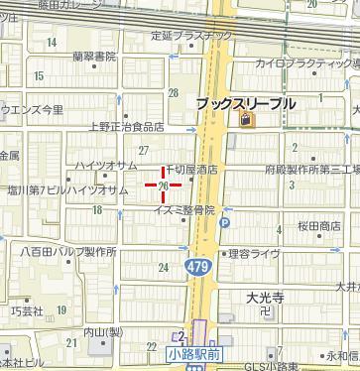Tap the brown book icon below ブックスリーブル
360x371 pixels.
click(245, 121)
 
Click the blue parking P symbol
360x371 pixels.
click(224, 223)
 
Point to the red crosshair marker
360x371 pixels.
click(163, 184)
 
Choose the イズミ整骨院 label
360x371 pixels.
click(184, 210)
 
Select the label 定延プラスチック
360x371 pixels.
click(191, 36)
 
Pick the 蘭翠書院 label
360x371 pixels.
click(94, 57)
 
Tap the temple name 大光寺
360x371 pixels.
click(266, 297)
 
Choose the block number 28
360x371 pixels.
click(174, 93)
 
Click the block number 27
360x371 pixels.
click(144, 150)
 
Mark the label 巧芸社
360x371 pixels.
click(27, 311)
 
